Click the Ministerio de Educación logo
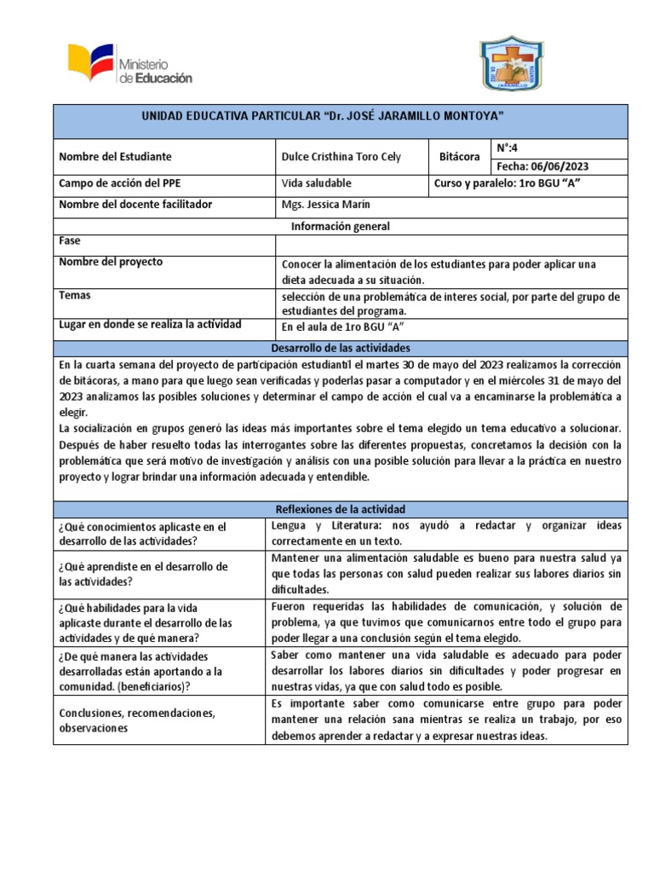click(x=130, y=66)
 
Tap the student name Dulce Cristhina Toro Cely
click(x=341, y=157)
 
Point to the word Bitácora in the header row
click(x=461, y=157)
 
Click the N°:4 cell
click(x=508, y=147)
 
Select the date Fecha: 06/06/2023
click(x=542, y=166)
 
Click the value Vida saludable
click(x=316, y=183)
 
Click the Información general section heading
click(x=341, y=226)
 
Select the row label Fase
click(x=70, y=241)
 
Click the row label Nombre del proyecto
click(x=111, y=262)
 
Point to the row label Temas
click(x=75, y=295)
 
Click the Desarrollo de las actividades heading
click(x=341, y=348)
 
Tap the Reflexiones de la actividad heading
click(x=341, y=509)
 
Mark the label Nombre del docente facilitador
click(x=135, y=205)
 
